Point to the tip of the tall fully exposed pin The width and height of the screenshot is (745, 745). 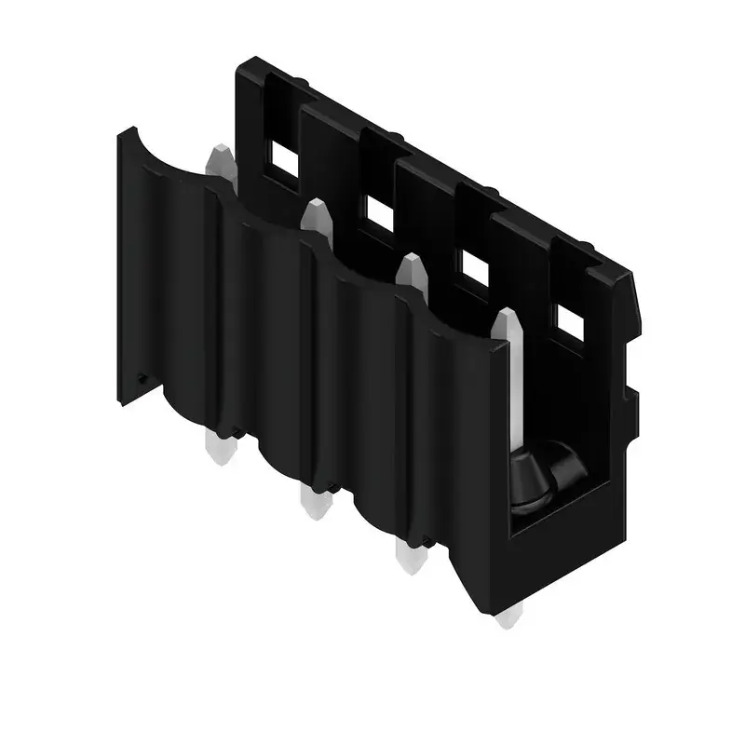[508, 321]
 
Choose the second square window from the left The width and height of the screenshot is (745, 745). [378, 214]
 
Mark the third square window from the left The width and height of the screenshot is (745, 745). [474, 269]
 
